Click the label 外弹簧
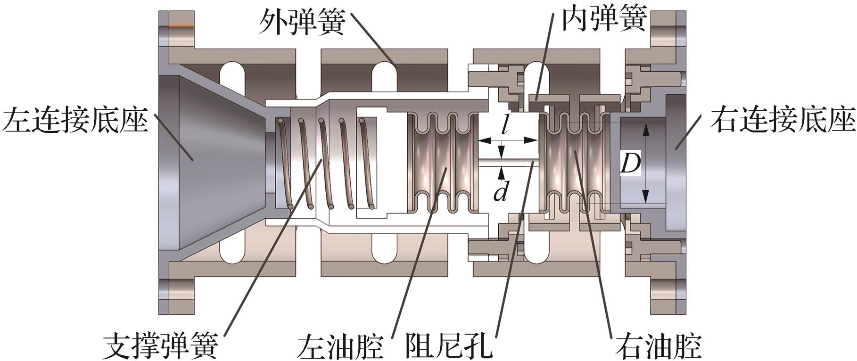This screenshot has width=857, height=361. click(x=302, y=21)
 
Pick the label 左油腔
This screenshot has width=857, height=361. click(x=340, y=345)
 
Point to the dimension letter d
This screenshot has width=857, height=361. click(x=501, y=190)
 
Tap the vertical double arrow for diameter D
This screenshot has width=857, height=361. click(x=646, y=163)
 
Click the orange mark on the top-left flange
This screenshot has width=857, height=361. click(x=181, y=25)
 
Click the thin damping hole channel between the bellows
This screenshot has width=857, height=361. click(x=509, y=163)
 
